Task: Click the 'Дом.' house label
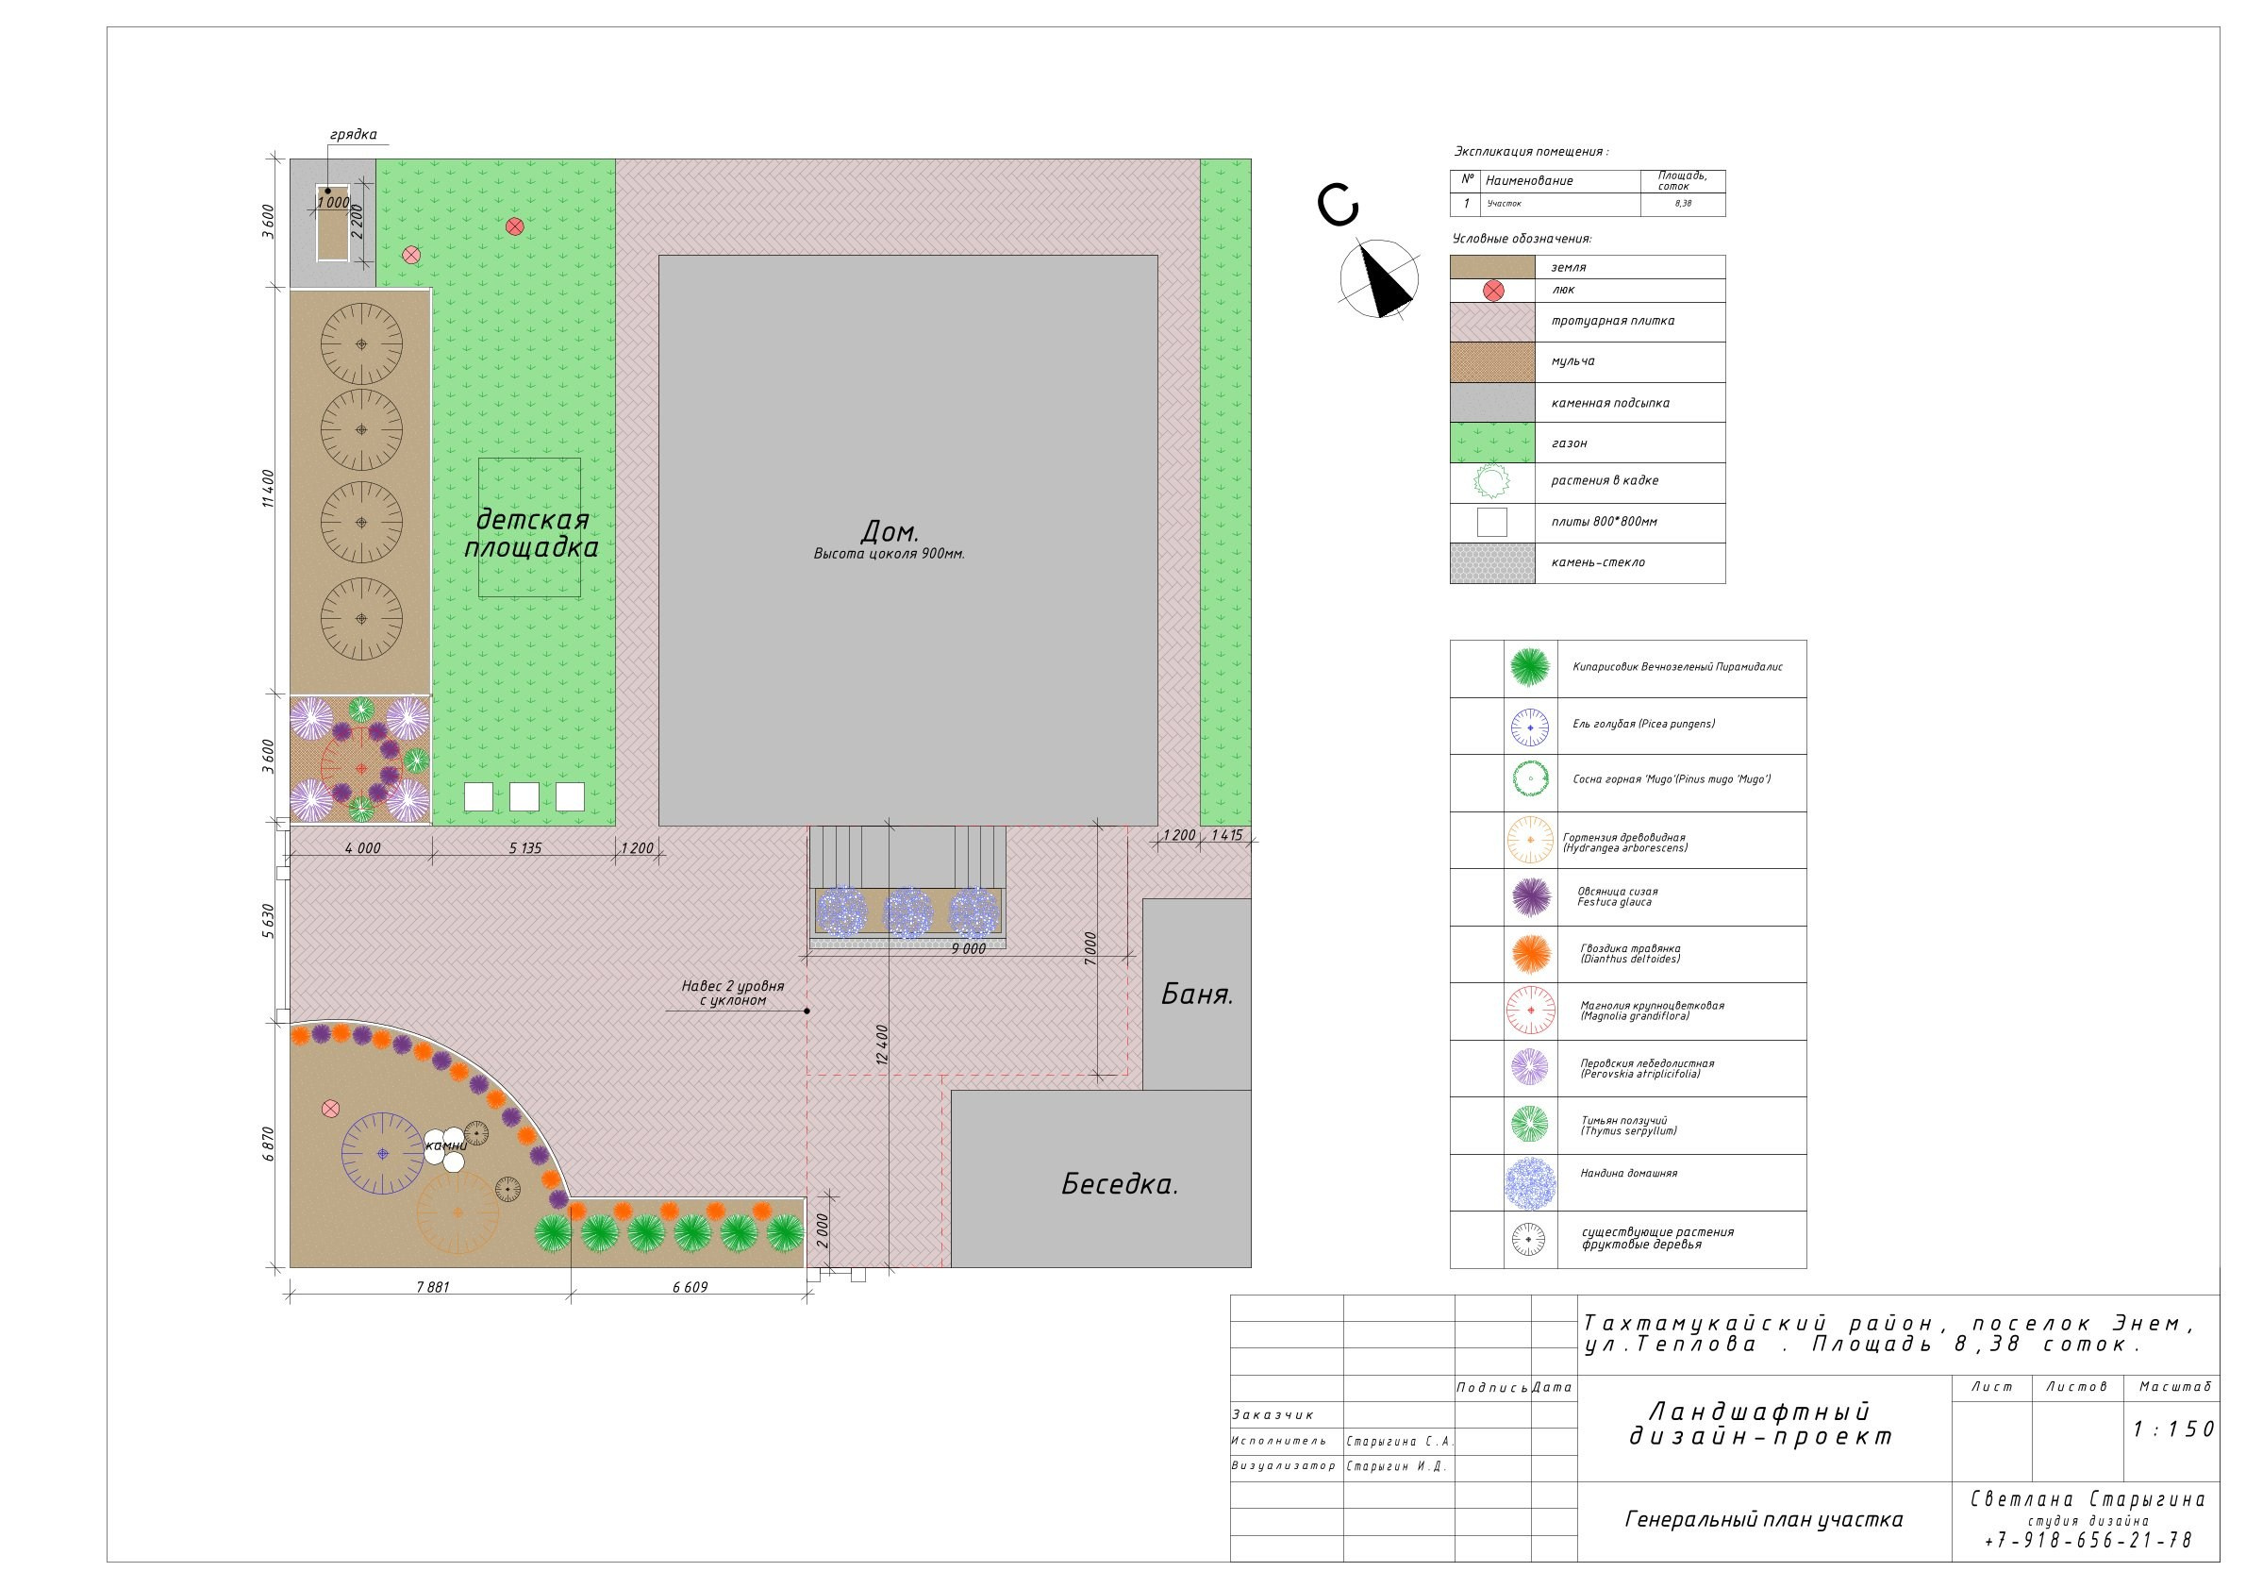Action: (890, 531)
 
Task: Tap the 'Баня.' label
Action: (1196, 995)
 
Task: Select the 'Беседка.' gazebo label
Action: (1119, 1184)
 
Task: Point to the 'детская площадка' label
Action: (530, 533)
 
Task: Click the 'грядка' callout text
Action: (353, 135)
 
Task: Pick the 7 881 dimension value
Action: (432, 1287)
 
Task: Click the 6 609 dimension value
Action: (690, 1287)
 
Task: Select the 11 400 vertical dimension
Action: (269, 489)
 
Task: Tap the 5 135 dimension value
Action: (525, 848)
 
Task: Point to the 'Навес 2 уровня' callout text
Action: (733, 986)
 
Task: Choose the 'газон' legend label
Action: (1569, 443)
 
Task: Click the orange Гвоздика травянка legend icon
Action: (1530, 954)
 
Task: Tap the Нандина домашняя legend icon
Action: (1530, 1183)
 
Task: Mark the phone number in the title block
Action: (2088, 1540)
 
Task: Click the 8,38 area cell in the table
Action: (1683, 204)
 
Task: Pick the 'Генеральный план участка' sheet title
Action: (1764, 1519)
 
